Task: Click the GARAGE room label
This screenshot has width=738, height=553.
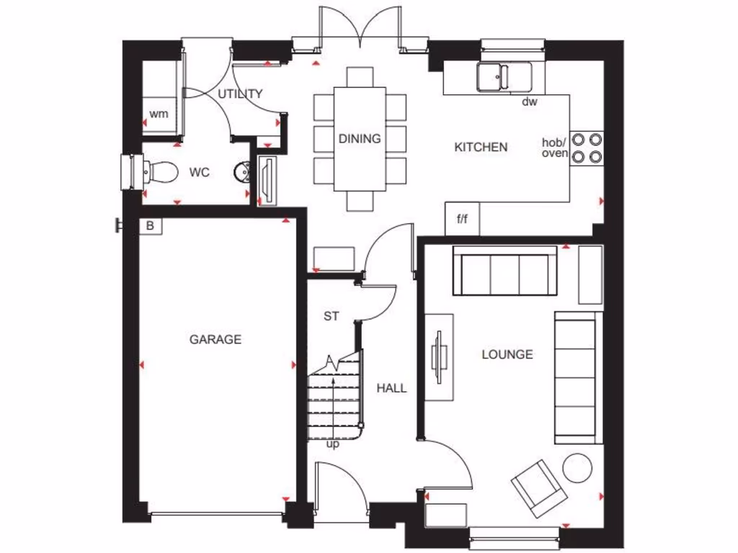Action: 215,339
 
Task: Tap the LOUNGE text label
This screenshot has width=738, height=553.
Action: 507,354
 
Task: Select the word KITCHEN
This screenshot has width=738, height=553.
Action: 481,147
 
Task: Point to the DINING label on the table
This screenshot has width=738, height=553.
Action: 360,138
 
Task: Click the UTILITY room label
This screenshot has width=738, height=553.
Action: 240,94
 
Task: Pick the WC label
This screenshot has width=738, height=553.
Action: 200,173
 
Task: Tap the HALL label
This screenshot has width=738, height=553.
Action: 391,388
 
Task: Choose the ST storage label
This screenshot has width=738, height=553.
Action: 331,316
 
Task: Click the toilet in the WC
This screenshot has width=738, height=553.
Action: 159,172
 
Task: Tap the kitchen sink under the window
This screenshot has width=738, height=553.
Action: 504,76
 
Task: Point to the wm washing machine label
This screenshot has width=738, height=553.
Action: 159,114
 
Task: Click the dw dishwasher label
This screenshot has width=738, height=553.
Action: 530,102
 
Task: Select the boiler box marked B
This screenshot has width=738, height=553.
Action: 150,225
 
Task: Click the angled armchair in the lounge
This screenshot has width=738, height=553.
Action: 538,487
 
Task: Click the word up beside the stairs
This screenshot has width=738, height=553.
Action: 332,444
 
